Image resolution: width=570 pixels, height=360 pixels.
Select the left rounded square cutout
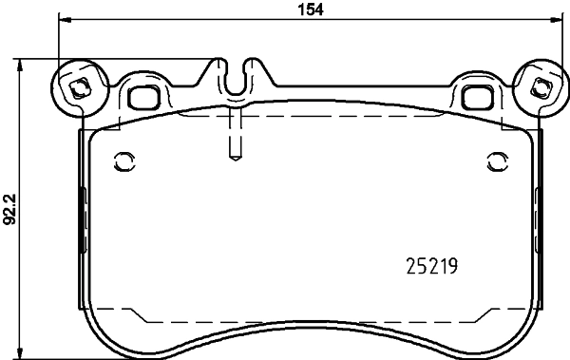pos(143,95)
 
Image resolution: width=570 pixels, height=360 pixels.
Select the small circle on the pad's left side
pos(121,160)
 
